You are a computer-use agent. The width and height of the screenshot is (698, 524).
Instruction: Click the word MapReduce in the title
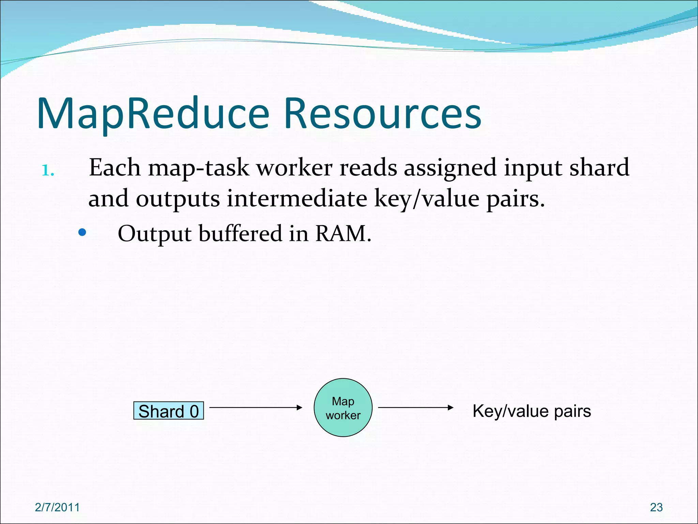(x=153, y=114)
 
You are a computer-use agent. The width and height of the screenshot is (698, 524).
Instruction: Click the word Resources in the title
(x=382, y=114)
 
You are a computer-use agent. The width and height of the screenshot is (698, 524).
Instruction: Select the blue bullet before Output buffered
(x=82, y=233)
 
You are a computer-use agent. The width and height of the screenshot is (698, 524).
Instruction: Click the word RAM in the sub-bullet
(x=343, y=234)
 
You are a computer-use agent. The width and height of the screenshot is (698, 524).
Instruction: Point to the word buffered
(x=240, y=234)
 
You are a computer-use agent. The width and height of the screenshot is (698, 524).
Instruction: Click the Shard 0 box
(x=168, y=411)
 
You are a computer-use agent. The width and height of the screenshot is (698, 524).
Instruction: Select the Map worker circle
(x=343, y=408)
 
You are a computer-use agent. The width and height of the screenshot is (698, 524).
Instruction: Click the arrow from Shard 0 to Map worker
(x=256, y=407)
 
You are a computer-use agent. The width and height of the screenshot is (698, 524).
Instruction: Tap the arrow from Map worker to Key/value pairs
(x=416, y=407)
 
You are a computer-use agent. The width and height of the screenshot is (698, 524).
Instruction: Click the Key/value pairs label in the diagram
(x=532, y=411)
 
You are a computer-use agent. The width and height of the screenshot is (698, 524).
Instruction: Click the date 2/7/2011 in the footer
(x=57, y=507)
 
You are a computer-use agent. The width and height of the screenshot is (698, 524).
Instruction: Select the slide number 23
(x=656, y=507)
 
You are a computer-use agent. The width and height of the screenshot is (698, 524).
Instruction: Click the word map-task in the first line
(x=199, y=168)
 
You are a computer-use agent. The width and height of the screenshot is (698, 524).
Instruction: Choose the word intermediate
(x=297, y=199)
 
